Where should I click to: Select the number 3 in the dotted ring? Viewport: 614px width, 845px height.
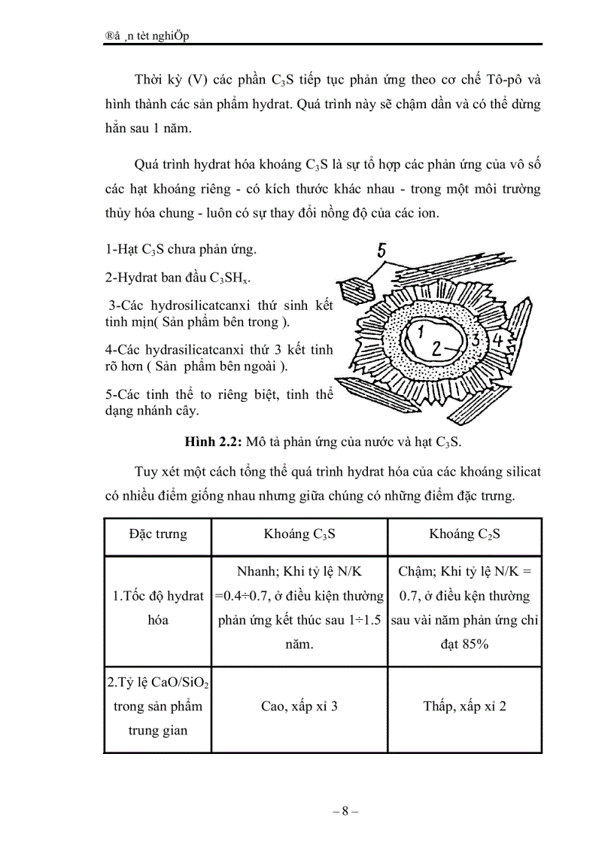coord(476,339)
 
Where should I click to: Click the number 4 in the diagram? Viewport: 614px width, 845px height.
coord(497,340)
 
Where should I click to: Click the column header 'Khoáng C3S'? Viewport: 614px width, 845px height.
coord(299,534)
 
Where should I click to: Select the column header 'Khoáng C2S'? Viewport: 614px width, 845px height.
coord(464,534)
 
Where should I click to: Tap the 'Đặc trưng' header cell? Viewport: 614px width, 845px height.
coord(158,534)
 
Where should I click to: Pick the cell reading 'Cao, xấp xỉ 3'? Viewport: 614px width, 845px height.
coord(299,707)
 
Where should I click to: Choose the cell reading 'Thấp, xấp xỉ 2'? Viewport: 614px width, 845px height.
coord(464,707)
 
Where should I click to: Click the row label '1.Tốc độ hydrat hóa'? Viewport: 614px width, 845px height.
coord(158,608)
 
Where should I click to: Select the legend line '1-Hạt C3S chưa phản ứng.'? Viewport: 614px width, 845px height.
coord(181,249)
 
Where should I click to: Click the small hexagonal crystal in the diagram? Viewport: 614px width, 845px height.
coord(352,290)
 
